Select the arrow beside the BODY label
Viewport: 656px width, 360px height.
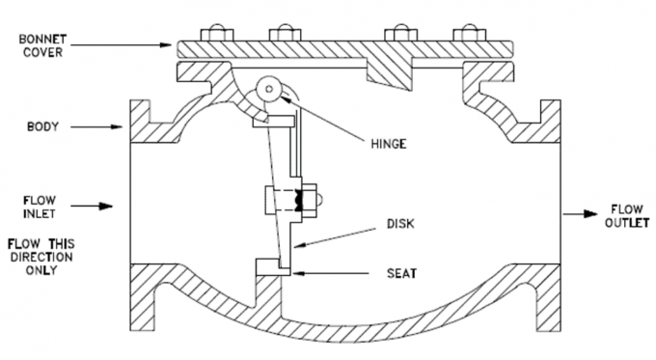click(x=101, y=125)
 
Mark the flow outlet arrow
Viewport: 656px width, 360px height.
click(x=578, y=215)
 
